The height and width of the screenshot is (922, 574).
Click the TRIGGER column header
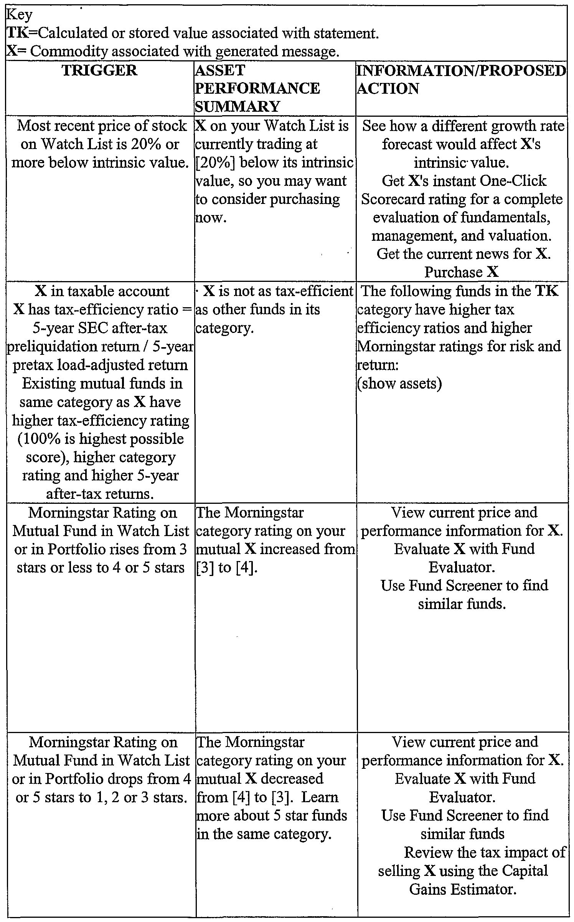(x=100, y=71)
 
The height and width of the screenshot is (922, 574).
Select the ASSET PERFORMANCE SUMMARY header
(x=257, y=88)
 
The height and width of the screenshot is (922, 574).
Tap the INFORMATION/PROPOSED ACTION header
(x=461, y=79)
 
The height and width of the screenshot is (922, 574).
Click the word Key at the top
(x=20, y=15)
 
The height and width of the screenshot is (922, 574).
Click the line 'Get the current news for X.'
(x=463, y=254)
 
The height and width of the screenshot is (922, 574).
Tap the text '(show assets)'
(x=399, y=383)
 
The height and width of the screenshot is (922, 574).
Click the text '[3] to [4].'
(x=226, y=568)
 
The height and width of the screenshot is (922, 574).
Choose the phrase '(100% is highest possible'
(x=101, y=439)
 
